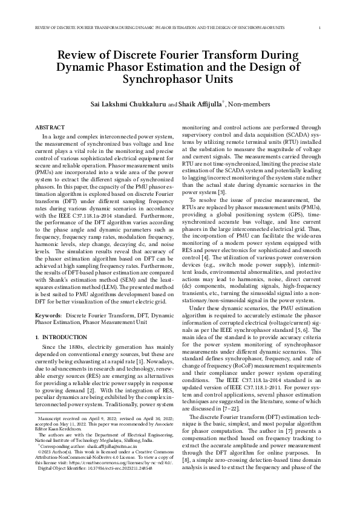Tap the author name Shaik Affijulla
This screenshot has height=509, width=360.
(x=200, y=105)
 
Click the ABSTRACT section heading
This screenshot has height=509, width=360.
(x=50, y=129)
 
